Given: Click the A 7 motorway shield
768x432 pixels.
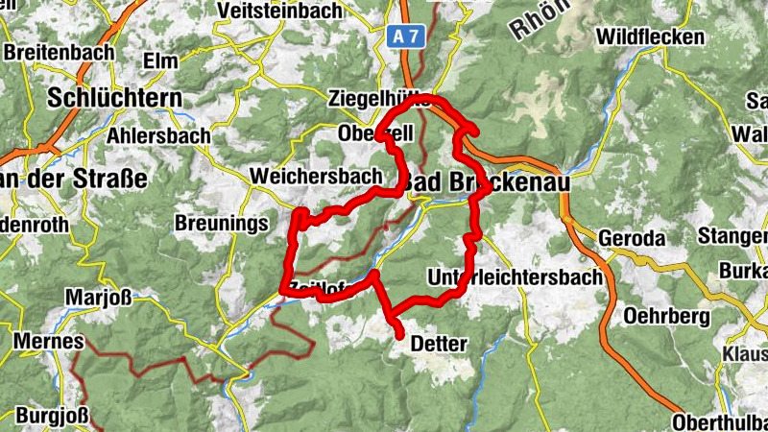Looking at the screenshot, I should (x=406, y=36).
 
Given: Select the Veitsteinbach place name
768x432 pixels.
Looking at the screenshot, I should (x=279, y=11).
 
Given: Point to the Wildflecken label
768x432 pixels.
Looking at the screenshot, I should (x=650, y=37).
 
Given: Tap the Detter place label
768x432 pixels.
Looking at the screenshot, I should (x=438, y=343).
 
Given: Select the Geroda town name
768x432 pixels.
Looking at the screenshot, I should (x=631, y=238).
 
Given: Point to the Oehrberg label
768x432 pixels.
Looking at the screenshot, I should (x=665, y=315).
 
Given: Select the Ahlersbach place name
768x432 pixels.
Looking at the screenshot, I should (x=158, y=136).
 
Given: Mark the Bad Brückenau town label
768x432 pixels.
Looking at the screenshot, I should (x=485, y=181).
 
